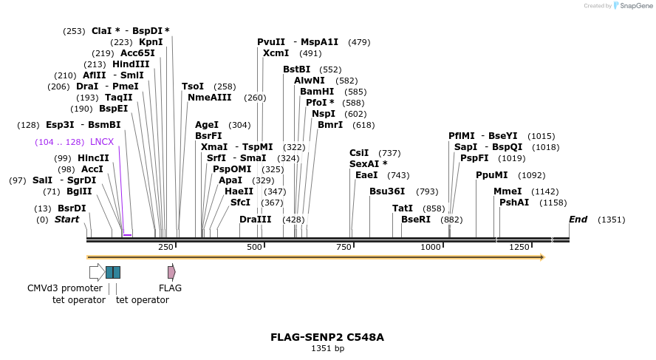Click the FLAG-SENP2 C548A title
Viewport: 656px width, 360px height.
[327, 337]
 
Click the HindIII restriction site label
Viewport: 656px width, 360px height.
[131, 64]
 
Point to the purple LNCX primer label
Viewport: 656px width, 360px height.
[102, 142]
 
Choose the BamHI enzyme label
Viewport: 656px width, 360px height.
[317, 92]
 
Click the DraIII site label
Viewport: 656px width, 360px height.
[256, 220]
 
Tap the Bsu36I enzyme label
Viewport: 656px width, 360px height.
[387, 191]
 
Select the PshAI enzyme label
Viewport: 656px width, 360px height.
[514, 203]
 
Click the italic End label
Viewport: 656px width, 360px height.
[578, 220]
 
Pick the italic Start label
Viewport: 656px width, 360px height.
[66, 220]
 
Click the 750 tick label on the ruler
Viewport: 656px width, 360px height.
[344, 247]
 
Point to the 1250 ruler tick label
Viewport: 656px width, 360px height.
[520, 247]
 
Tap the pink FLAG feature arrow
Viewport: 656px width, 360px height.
[171, 272]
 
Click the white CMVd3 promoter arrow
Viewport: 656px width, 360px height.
[97, 272]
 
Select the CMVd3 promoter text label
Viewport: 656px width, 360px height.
[65, 288]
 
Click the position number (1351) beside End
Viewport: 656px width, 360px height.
[611, 220]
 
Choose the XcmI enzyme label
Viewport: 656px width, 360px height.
[276, 53]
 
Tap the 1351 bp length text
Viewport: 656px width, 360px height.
[327, 348]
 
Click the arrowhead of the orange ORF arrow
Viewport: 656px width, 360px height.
[541, 257]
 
